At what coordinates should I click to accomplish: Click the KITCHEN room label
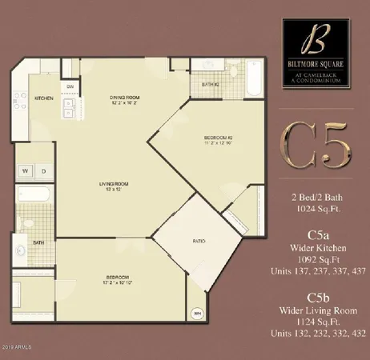pos(42,98)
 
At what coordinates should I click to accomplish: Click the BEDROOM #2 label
pos(195,141)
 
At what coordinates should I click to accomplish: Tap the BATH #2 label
pos(211,84)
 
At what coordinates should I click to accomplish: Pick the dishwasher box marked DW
pos(70,86)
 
